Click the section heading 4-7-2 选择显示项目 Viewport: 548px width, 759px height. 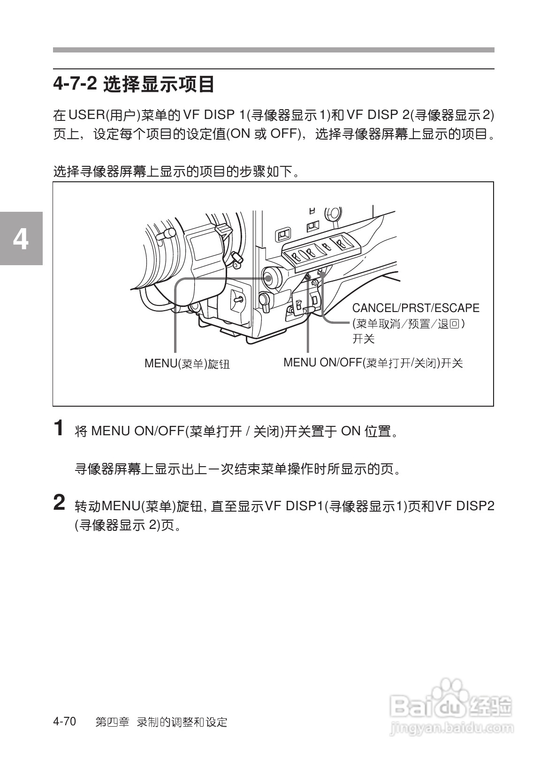tap(134, 85)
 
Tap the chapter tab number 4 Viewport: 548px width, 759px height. tap(21, 239)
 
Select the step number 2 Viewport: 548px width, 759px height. tap(59, 503)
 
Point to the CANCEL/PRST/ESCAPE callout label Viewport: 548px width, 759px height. tap(416, 308)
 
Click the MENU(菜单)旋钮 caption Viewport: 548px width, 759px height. tap(187, 364)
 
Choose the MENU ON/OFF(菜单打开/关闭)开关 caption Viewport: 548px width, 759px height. tap(373, 363)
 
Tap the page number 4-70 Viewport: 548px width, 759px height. tap(65, 722)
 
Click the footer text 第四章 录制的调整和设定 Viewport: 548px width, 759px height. tap(161, 722)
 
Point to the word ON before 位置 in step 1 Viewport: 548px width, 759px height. tap(350, 431)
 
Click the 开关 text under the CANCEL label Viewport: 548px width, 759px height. tap(364, 339)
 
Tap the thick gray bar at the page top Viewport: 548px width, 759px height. tap(274, 50)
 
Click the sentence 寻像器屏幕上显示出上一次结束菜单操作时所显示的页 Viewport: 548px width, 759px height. tap(238, 469)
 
